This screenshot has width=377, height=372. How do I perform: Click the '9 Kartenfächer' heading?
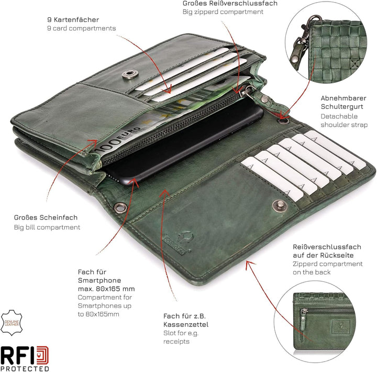click(73, 20)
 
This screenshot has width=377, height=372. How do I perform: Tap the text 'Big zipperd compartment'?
click(223, 12)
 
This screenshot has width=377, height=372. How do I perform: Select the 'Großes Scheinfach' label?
click(46, 217)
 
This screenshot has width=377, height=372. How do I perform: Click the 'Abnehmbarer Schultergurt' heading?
click(343, 102)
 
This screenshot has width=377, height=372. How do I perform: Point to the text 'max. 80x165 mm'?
click(106, 289)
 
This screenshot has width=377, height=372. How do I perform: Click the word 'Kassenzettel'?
click(186, 325)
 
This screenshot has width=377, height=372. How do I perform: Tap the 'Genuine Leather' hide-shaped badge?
click(12, 323)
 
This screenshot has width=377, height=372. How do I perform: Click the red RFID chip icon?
click(42, 355)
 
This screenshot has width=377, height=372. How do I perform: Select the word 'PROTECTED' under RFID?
click(25, 368)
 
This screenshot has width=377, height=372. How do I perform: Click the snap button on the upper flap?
click(130, 74)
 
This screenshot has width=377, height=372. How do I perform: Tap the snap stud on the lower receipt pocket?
click(280, 206)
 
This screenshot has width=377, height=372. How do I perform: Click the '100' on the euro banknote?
click(108, 145)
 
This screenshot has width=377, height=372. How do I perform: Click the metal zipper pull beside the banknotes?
click(249, 92)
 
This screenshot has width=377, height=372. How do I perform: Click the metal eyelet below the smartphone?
click(120, 207)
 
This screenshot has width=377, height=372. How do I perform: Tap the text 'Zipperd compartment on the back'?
click(327, 268)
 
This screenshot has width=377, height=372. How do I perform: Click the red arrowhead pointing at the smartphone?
click(135, 182)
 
